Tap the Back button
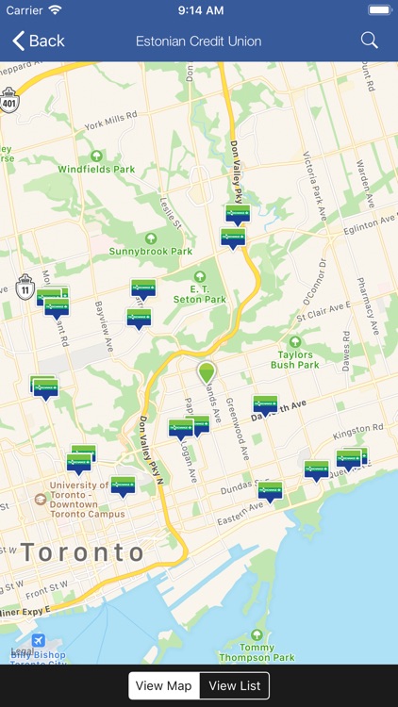coord(39,41)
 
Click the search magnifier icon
coord(370,41)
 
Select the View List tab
coord(235,685)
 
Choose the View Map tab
coord(163,685)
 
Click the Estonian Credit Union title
coord(198,41)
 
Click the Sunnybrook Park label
coord(150,251)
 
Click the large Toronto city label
coord(83,552)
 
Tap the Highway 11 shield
coord(25,287)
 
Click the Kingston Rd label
coord(358,430)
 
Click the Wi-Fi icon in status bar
coord(55,9)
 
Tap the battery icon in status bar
coord(379,9)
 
